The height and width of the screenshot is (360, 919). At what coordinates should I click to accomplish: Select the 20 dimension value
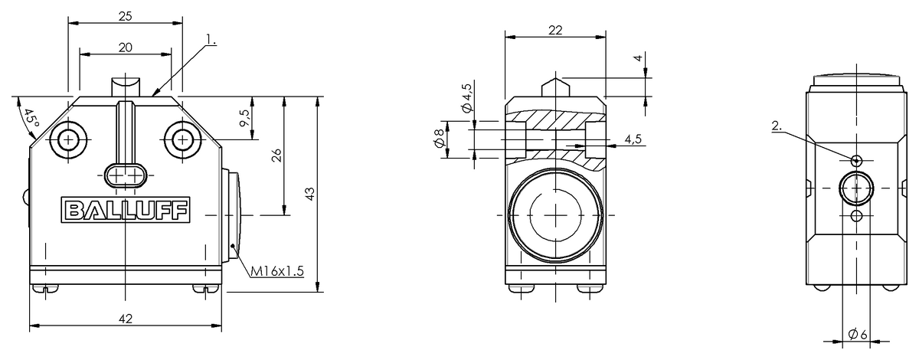pos(126,47)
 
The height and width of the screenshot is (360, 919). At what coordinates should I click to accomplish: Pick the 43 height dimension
pos(310,194)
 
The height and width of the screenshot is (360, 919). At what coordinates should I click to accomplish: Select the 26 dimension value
pos(276,155)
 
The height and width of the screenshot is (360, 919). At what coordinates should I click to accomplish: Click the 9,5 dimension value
pos(244,118)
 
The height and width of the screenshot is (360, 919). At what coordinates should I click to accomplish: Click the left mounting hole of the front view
pos(69,139)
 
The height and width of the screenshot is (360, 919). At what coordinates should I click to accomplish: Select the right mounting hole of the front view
pos(182,139)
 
